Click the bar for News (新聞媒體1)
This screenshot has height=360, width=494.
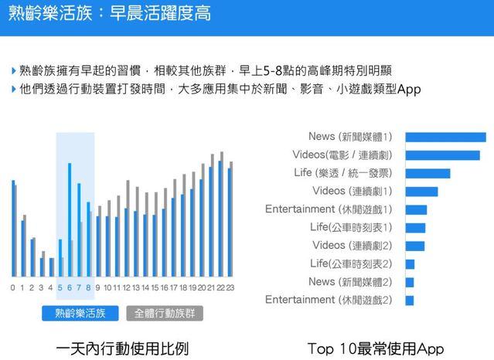point(445,137)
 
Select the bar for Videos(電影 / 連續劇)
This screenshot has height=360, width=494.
point(442,155)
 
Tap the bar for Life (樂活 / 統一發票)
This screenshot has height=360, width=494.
point(428,173)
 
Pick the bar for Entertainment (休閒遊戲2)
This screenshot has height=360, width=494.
point(410,300)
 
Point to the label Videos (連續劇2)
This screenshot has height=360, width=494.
point(353,246)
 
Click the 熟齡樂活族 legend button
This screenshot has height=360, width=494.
point(80,313)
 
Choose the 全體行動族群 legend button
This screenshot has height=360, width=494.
point(164,313)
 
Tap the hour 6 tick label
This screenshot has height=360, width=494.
point(69,288)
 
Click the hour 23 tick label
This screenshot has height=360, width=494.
point(230,288)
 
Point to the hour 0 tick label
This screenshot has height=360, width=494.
point(12,288)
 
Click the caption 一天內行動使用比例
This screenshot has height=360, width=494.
point(122,348)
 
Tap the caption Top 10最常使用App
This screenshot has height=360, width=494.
point(376,348)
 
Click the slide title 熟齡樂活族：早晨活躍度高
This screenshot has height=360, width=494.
point(107,15)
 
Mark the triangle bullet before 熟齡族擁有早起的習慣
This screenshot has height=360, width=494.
point(14,71)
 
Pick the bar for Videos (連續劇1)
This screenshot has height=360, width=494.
point(421,191)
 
